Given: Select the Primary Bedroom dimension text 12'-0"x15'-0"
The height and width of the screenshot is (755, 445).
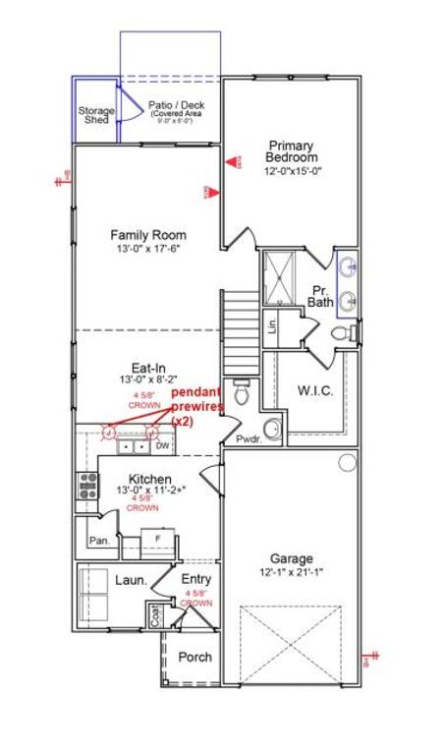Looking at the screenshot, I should [293, 171].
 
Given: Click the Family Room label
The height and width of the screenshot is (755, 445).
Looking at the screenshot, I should [147, 235].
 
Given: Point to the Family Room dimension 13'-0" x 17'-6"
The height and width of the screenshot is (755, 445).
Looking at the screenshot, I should [147, 249].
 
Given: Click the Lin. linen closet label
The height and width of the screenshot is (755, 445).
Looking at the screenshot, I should [272, 325].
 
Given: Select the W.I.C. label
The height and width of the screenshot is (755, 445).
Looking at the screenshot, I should [315, 391].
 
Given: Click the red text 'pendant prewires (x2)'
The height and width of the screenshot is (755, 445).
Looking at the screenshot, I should [197, 406].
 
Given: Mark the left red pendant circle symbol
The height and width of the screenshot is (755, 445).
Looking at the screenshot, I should [110, 430].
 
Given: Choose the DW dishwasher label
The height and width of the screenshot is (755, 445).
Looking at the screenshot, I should [163, 446].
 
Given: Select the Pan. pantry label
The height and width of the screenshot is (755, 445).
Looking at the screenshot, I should [98, 541].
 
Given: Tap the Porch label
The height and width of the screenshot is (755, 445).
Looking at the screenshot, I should [195, 657].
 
